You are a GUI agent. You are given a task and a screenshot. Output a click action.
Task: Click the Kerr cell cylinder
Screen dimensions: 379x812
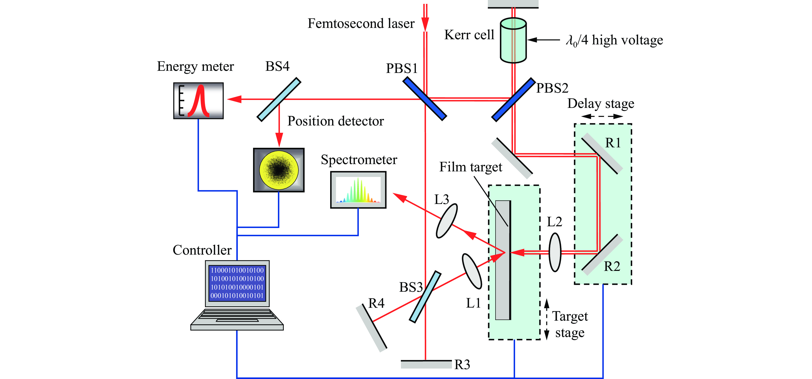pyautogui.click(x=513, y=40)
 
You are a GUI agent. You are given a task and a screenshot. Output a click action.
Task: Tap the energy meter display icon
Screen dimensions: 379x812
pyautogui.click(x=198, y=101)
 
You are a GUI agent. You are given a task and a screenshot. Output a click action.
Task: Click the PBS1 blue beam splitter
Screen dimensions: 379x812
pyautogui.click(x=425, y=99)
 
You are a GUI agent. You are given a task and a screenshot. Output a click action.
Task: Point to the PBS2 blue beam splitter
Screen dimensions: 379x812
pyautogui.click(x=513, y=100)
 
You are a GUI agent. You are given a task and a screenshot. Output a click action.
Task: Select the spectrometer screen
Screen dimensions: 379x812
pyautogui.click(x=358, y=190)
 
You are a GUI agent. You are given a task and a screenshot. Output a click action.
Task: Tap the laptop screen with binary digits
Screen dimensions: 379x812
pyautogui.click(x=237, y=283)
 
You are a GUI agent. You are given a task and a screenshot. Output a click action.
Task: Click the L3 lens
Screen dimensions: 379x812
pyautogui.click(x=447, y=221)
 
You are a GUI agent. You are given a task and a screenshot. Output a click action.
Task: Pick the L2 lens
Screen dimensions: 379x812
pyautogui.click(x=555, y=252)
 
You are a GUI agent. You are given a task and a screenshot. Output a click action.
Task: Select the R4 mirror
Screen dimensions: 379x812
pyautogui.click(x=371, y=328)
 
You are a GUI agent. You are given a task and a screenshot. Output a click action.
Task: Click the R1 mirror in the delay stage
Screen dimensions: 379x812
pyautogui.click(x=602, y=154)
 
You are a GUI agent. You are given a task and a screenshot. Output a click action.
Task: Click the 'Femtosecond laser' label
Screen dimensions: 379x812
pyautogui.click(x=361, y=24)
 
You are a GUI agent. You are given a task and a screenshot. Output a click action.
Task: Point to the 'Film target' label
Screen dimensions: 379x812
pyautogui.click(x=471, y=167)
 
